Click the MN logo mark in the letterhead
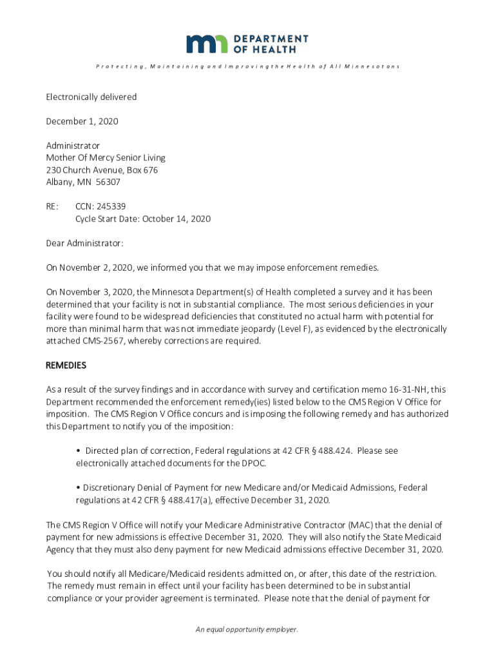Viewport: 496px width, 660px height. pyautogui.click(x=206, y=44)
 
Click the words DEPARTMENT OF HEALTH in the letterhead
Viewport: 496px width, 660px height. pyautogui.click(x=271, y=44)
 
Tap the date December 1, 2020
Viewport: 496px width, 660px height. pyautogui.click(x=82, y=121)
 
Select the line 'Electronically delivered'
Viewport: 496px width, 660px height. pyautogui.click(x=91, y=97)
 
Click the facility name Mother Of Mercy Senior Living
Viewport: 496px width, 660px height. pyautogui.click(x=106, y=158)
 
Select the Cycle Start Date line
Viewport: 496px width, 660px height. pyautogui.click(x=143, y=219)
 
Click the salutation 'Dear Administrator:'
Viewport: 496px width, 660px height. pyautogui.click(x=84, y=243)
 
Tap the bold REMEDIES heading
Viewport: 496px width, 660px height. pyautogui.click(x=66, y=365)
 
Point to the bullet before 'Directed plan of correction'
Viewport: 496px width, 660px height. pyautogui.click(x=78, y=451)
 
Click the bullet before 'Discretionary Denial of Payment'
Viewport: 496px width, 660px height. pyautogui.click(x=78, y=488)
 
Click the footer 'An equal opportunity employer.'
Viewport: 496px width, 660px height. pyautogui.click(x=247, y=629)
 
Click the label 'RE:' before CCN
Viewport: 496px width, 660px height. pyautogui.click(x=52, y=207)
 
